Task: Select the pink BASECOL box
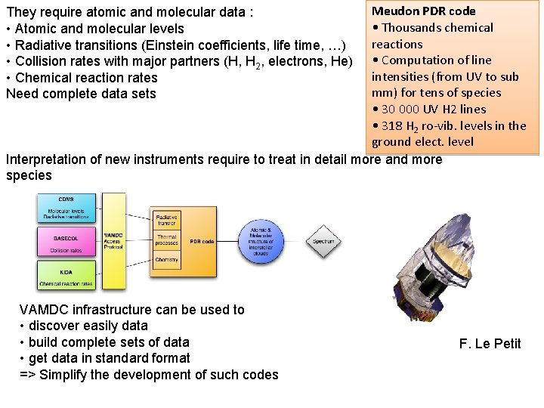tap(67, 243)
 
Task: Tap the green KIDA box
tap(67, 276)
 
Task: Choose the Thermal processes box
tap(166, 240)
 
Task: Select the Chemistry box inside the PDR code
tap(166, 260)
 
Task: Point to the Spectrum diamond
tap(323, 241)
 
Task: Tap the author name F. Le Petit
tap(490, 344)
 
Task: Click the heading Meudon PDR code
tap(423, 11)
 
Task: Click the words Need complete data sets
tap(81, 94)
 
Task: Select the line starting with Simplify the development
tap(159, 375)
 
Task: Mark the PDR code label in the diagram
tap(202, 241)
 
